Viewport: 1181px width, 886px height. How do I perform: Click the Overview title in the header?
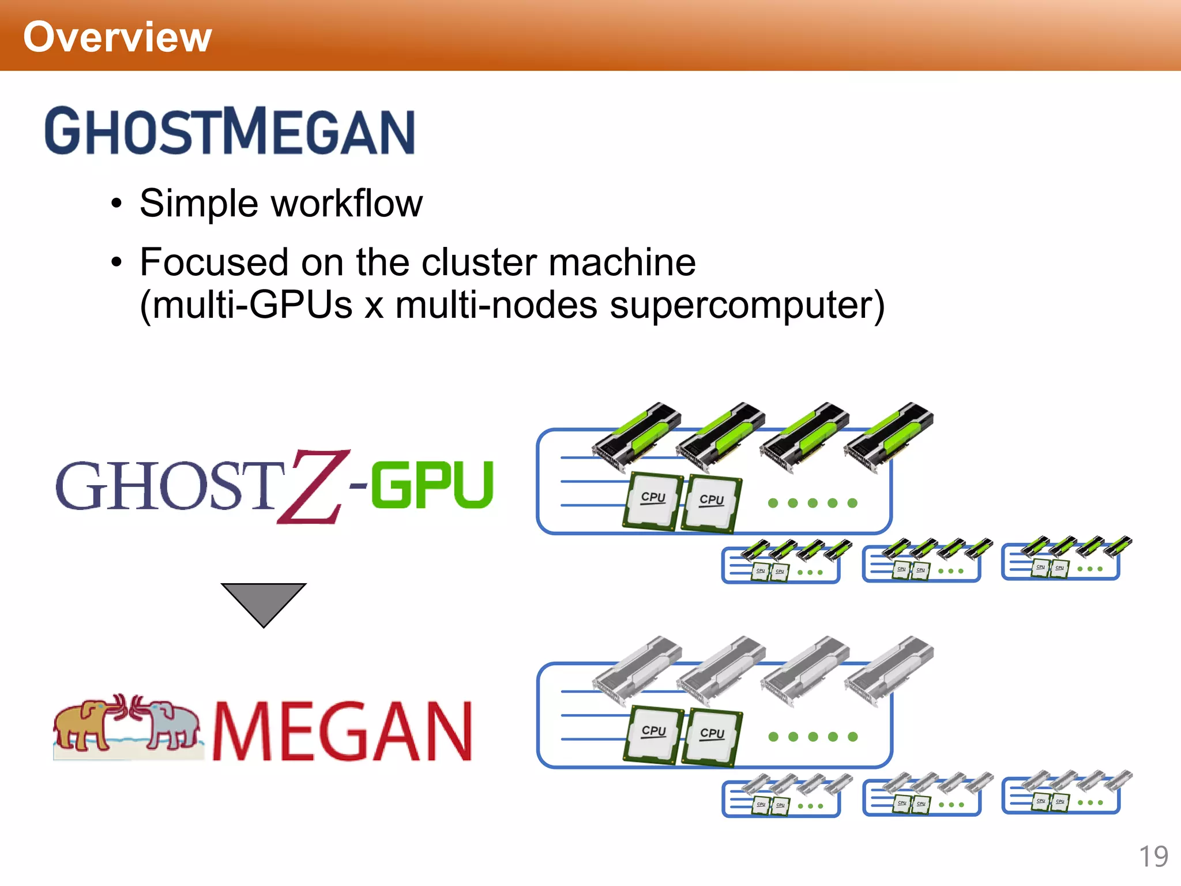(117, 37)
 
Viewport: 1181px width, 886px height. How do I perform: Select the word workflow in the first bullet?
(347, 204)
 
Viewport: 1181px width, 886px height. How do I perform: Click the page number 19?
(1153, 856)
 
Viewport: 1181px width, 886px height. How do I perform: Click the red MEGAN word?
(343, 731)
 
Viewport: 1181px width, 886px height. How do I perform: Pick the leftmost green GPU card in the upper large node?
(637, 436)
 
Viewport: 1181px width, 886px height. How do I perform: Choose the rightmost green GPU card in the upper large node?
(889, 436)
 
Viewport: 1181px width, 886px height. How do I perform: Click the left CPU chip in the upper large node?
(653, 500)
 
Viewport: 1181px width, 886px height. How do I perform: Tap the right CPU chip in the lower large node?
(712, 737)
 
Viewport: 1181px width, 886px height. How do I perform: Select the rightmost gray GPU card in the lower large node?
(889, 670)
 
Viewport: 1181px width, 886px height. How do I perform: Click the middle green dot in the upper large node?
(813, 503)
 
